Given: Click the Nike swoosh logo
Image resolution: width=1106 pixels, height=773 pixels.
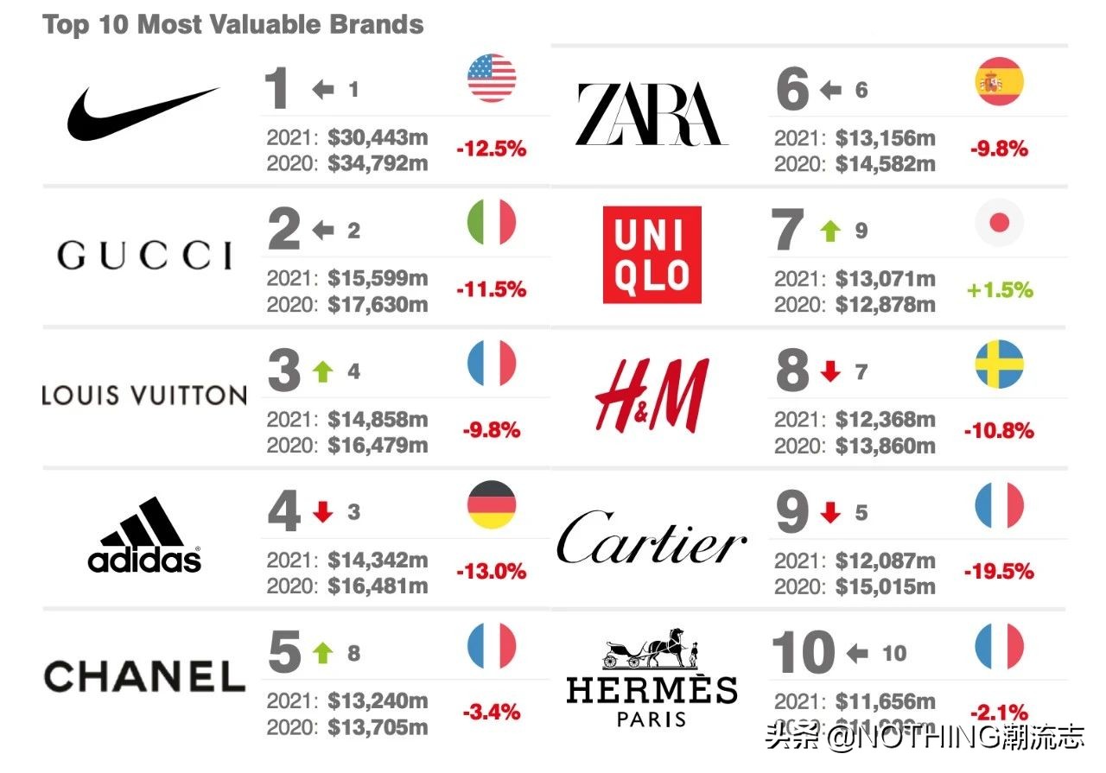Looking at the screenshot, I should [143, 113].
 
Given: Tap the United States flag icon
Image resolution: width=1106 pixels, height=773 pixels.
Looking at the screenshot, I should [492, 79].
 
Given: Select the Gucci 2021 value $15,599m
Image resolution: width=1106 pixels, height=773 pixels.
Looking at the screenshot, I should [378, 279].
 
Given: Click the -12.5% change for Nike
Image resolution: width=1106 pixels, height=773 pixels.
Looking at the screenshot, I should [491, 149].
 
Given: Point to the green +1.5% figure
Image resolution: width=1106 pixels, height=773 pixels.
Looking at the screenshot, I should [1000, 289].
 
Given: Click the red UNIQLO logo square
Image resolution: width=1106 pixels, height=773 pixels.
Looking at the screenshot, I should [652, 255].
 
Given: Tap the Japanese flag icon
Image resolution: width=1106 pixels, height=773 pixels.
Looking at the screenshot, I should [999, 224].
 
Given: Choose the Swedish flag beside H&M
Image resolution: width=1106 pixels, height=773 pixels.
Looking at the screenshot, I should [999, 364].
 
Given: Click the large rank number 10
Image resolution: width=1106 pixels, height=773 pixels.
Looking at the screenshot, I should [803, 653].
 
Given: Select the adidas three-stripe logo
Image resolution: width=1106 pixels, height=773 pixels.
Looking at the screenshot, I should [144, 535].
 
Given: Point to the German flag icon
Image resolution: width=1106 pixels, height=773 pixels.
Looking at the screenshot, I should [492, 505].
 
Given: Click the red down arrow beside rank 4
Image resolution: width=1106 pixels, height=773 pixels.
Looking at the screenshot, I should [323, 512].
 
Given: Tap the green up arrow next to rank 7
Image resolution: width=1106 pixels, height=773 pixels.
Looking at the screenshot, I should [830, 231].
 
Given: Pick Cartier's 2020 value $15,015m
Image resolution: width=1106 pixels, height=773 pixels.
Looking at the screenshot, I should [885, 586].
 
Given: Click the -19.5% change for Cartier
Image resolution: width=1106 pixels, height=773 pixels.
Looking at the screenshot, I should [999, 571].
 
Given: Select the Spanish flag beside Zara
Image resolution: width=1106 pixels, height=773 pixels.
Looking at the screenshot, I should [999, 82].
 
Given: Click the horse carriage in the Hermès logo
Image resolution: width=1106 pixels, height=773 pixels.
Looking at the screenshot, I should [652, 651].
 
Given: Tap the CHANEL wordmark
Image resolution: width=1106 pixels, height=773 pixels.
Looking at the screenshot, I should [144, 675].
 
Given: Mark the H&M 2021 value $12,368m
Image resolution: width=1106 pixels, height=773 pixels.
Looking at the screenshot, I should [885, 420].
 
